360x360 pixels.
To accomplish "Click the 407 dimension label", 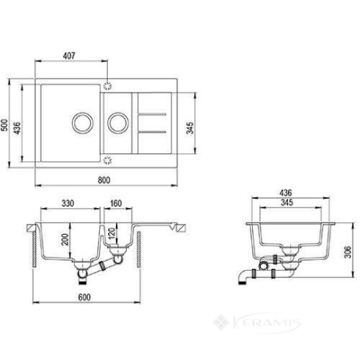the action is click(69, 56).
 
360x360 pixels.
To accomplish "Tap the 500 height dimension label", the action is click(4, 125).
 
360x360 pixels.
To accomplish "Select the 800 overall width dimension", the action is click(104, 180).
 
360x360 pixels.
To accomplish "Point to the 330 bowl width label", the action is click(68, 203).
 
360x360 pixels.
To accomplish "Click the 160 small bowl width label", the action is click(116, 203).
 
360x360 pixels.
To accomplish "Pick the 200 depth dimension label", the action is click(65, 239).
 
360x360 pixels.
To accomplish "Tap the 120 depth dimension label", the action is click(111, 233).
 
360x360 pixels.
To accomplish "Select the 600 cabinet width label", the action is click(85, 297).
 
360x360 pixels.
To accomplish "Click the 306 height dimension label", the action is click(347, 252).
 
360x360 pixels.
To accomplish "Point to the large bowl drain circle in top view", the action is click(82, 123).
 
